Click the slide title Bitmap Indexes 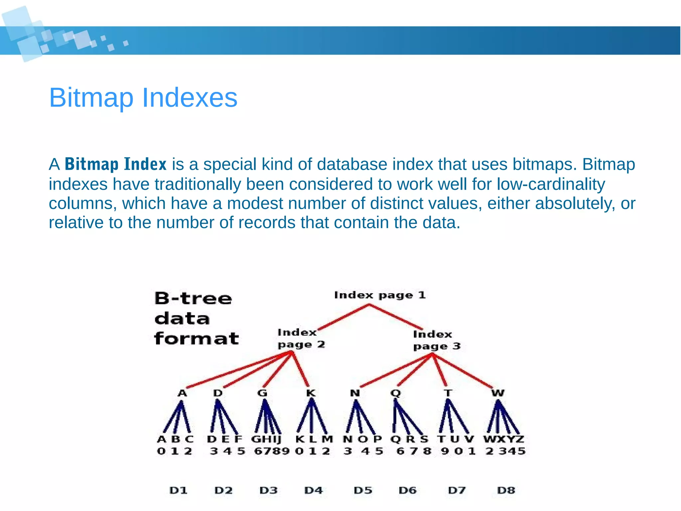click(x=143, y=98)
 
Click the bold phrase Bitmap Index click(x=115, y=164)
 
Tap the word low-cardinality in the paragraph click(x=551, y=184)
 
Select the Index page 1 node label click(x=380, y=295)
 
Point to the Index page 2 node click(x=301, y=338)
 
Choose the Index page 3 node click(x=436, y=340)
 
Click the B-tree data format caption click(x=196, y=318)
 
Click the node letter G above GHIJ click(x=262, y=393)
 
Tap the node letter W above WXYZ click(x=498, y=393)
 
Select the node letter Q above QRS click(x=395, y=393)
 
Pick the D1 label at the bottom click(x=179, y=490)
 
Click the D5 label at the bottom click(x=363, y=490)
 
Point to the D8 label click(x=506, y=490)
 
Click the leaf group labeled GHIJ click(x=266, y=439)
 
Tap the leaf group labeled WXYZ click(x=503, y=439)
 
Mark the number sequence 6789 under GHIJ click(x=272, y=451)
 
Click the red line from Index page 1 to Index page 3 click(x=396, y=317)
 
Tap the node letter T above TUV click(x=448, y=393)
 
